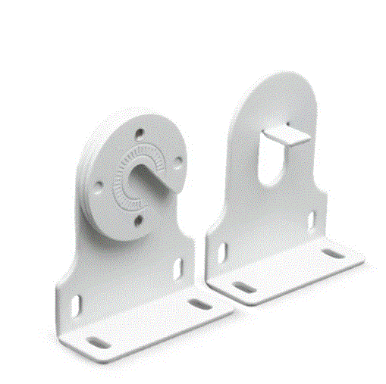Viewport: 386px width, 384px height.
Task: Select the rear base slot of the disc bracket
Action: pos(199,304)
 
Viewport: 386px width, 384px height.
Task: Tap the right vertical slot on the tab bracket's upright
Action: pos(311,220)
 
